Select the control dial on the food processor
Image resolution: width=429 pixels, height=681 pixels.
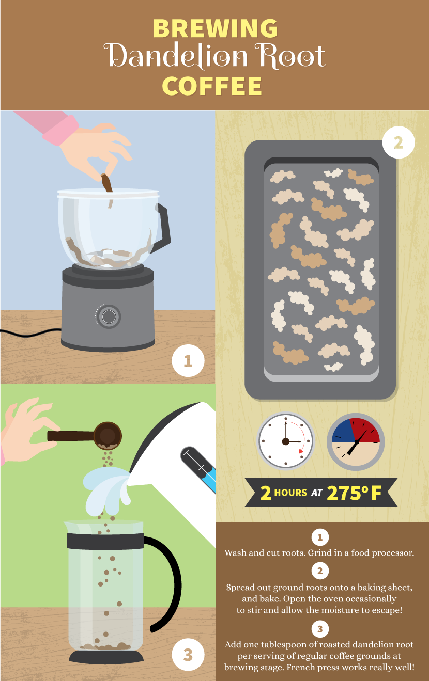click(109, 316)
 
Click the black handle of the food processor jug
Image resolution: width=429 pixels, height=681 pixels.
click(163, 227)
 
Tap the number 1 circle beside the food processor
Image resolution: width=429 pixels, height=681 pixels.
click(188, 360)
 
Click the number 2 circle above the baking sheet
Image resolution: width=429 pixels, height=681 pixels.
click(398, 142)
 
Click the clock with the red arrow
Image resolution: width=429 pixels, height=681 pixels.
click(286, 441)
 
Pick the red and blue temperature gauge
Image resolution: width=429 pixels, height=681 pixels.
click(356, 441)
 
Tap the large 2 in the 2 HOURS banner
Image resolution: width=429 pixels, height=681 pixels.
click(266, 493)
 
